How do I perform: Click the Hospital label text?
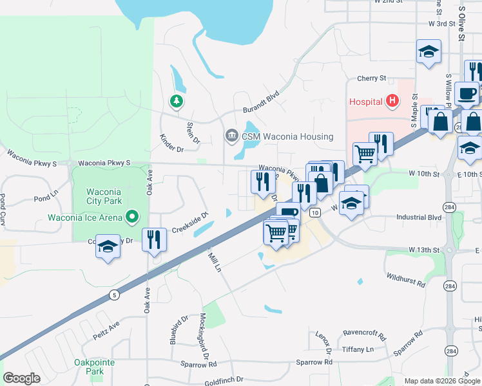click(x=366, y=102)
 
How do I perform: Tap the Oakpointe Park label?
click(x=94, y=367)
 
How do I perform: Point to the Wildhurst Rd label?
click(x=406, y=280)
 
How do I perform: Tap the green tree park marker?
click(x=175, y=101)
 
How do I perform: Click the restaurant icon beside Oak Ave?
click(x=154, y=240)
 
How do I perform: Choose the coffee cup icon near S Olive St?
click(x=467, y=94)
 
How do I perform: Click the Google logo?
click(x=21, y=378)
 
